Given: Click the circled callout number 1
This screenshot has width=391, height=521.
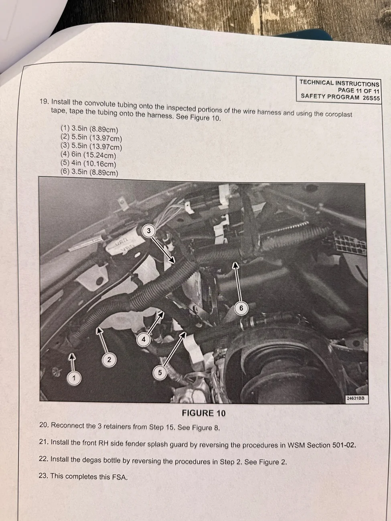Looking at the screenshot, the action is pyautogui.click(x=74, y=378).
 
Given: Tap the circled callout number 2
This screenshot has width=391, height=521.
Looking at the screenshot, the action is pyautogui.click(x=109, y=359).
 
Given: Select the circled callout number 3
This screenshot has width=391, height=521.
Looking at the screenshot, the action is pyautogui.click(x=149, y=231).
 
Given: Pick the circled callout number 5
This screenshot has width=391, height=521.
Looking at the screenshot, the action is pyautogui.click(x=160, y=372).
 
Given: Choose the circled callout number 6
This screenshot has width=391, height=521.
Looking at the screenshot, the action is pyautogui.click(x=241, y=308).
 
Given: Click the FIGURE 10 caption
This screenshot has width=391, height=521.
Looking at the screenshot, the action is pyautogui.click(x=204, y=413).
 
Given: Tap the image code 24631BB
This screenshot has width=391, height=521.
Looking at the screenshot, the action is pyautogui.click(x=355, y=398).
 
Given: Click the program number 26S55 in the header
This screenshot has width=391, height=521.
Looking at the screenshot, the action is pyautogui.click(x=371, y=98).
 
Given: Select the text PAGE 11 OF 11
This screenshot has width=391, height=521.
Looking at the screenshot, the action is pyautogui.click(x=359, y=91).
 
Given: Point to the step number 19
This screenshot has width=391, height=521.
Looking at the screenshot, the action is pyautogui.click(x=45, y=101).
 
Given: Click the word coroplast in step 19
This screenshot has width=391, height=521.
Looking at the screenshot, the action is pyautogui.click(x=338, y=114).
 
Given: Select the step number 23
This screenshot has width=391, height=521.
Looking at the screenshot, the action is pyautogui.click(x=44, y=475).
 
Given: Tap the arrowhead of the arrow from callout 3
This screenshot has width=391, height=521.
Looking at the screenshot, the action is pyautogui.click(x=173, y=260).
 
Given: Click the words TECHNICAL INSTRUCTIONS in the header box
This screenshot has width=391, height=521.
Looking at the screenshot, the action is pyautogui.click(x=339, y=83).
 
